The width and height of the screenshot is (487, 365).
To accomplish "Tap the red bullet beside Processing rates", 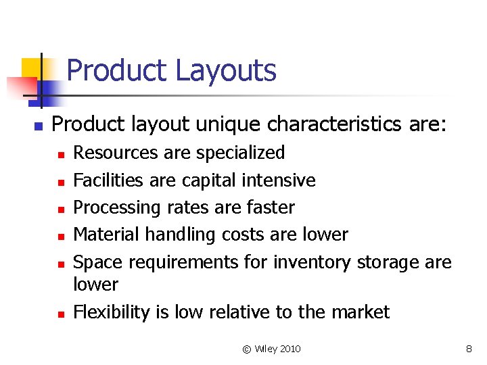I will pos(60,209).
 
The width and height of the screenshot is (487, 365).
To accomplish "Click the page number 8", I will pos(469,349).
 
